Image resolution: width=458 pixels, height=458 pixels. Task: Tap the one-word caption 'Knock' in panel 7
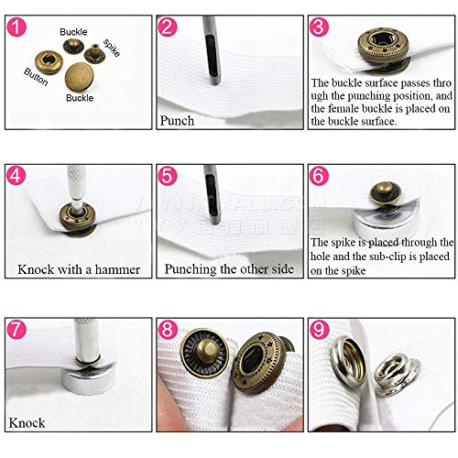coord(27,423)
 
